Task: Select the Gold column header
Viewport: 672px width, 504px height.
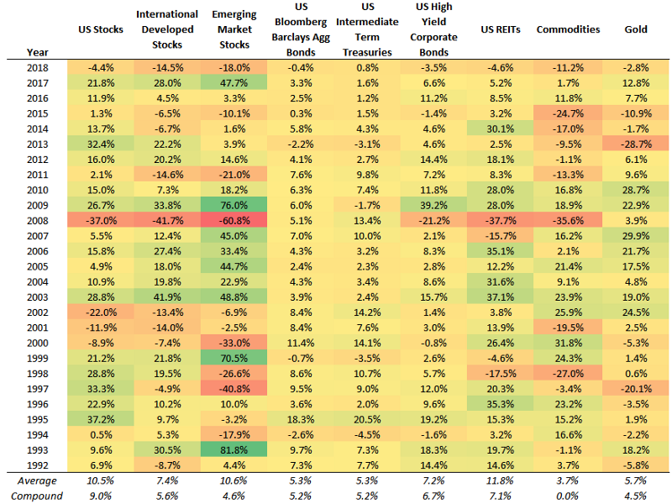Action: pyautogui.click(x=636, y=29)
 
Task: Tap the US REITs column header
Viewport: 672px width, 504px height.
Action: pyautogui.click(x=501, y=29)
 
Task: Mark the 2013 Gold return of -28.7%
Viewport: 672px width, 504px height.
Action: pyautogui.click(x=636, y=144)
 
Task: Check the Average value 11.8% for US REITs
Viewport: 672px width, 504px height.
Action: pyautogui.click(x=501, y=480)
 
